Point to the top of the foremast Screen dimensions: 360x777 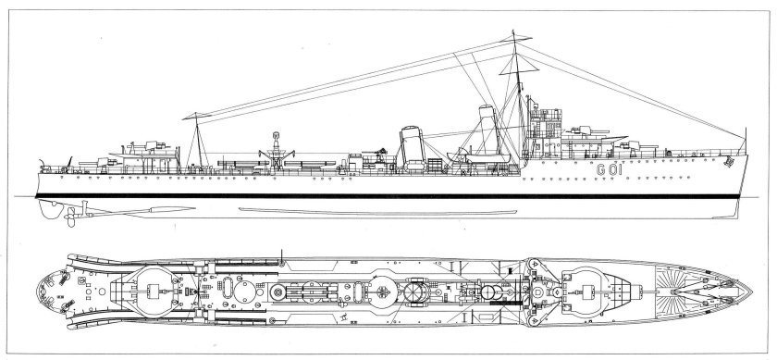pos(514,35)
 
